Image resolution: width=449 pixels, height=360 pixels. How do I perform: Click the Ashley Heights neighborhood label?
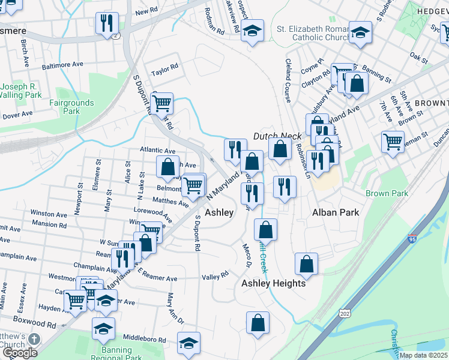coord(273,283)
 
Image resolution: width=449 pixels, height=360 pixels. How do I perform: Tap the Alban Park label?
coord(336,212)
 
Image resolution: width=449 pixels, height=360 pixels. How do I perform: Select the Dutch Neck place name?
coord(277,136)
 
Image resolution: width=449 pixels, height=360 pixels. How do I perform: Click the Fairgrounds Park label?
coord(71,107)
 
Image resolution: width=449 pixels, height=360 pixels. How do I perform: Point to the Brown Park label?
coord(387,193)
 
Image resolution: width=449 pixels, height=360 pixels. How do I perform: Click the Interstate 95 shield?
coord(412,239)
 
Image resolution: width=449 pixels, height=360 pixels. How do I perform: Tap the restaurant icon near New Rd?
coord(106,23)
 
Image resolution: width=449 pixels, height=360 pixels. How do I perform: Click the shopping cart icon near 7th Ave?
coord(393,142)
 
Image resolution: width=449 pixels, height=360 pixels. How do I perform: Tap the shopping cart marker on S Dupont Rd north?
coord(161,103)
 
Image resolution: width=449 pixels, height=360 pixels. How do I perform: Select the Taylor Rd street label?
coord(165,68)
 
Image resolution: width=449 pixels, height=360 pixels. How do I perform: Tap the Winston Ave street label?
coord(49,214)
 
